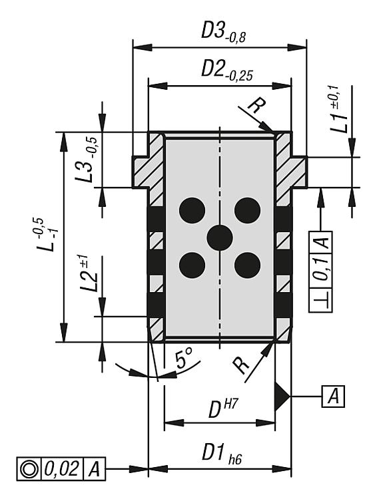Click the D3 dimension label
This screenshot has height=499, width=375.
[223, 32]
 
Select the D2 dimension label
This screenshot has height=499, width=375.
[227, 71]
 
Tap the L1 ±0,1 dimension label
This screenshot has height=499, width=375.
[338, 109]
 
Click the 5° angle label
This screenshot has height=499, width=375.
[184, 359]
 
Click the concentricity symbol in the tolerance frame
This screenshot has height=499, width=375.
[29, 468]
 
